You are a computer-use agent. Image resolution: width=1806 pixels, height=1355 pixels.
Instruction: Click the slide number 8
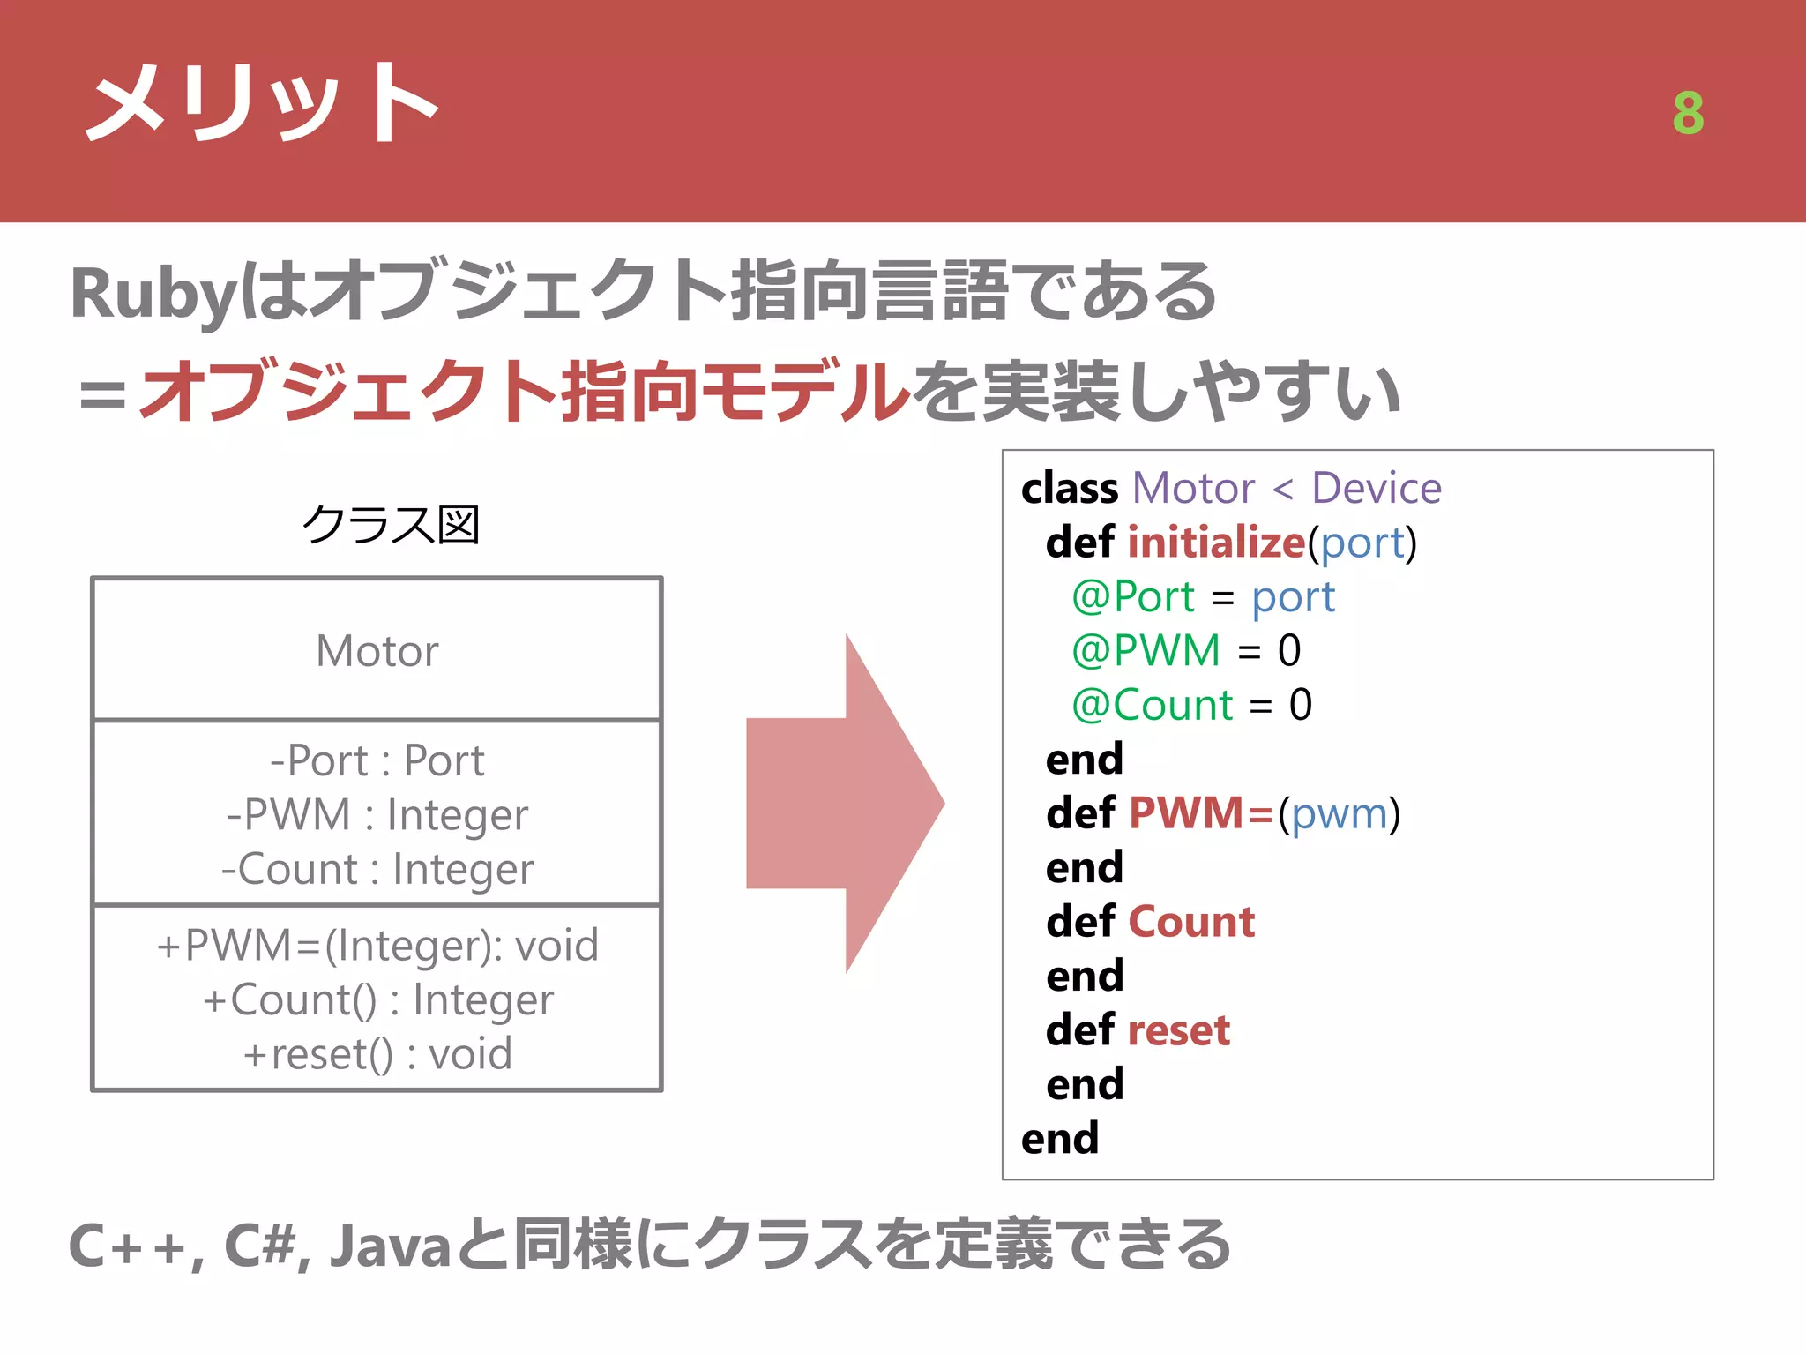coord(1688,113)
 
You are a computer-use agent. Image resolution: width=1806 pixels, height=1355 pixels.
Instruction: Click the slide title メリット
coord(262,104)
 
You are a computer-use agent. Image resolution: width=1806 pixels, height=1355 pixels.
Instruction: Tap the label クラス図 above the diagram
coord(391,525)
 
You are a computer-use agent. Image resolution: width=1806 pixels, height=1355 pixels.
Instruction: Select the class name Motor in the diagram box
coord(377,651)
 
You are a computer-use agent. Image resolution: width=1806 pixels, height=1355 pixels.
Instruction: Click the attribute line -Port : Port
coord(377,760)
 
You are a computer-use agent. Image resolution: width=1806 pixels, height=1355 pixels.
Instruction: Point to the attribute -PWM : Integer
coord(377,815)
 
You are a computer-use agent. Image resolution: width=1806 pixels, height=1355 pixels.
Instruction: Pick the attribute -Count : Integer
coord(377,870)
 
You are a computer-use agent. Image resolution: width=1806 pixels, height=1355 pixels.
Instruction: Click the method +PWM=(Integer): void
coord(377,946)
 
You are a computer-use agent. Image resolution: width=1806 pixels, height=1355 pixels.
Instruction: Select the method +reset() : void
coord(377,1054)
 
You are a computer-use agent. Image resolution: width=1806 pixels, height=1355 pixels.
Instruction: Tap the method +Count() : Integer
coord(377,1000)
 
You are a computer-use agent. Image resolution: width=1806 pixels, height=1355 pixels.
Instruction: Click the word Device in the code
coord(1376,488)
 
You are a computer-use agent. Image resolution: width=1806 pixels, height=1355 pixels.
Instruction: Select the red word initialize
coord(1216,542)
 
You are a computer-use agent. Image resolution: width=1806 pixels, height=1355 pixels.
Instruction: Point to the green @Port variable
coord(1133,596)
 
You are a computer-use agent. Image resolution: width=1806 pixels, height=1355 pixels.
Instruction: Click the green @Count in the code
coord(1152,705)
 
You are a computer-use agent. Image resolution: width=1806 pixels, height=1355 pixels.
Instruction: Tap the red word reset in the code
coord(1179,1030)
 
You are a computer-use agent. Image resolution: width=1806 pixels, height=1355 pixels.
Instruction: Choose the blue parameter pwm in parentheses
coord(1339,813)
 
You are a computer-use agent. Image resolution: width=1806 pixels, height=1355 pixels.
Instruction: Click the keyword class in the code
coord(1070,488)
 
